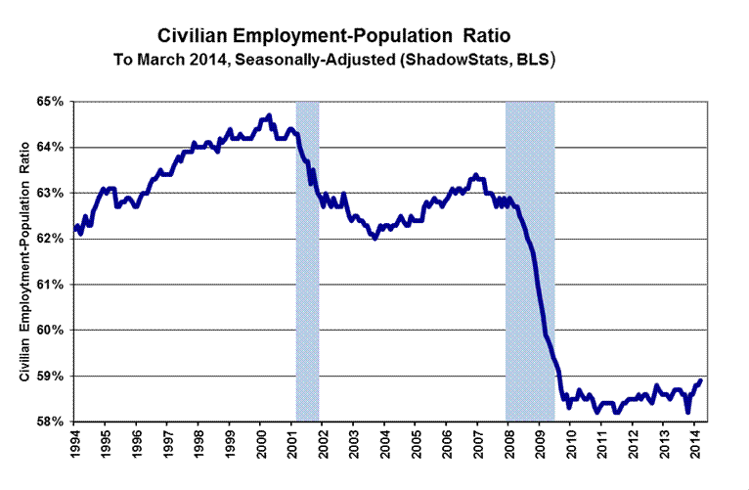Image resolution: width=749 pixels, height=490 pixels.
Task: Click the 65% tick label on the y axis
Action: tap(51, 101)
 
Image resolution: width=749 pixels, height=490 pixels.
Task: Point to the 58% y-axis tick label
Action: tap(51, 422)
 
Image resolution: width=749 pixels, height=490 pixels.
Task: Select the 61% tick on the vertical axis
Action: tap(51, 285)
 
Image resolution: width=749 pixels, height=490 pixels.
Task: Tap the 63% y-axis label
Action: tap(51, 193)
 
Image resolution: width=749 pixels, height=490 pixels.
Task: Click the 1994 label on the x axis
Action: tap(76, 445)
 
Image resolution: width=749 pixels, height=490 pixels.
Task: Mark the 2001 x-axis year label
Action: tap(292, 445)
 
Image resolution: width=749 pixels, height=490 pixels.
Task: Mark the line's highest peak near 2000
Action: tap(269, 115)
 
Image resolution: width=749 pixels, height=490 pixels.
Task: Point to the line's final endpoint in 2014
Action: tap(701, 380)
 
